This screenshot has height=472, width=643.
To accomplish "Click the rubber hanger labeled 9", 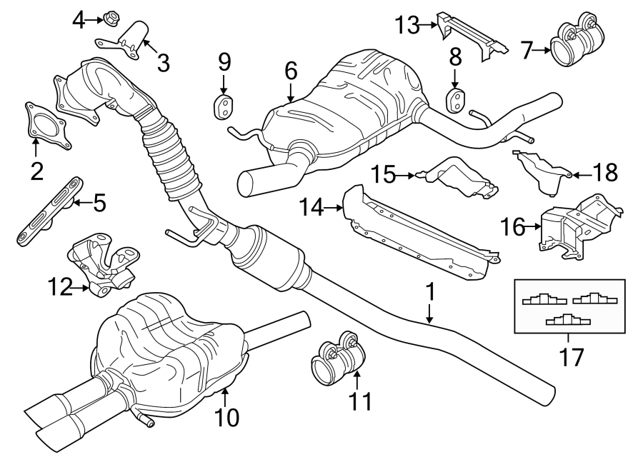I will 224,106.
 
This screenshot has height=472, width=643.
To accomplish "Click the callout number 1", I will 429,291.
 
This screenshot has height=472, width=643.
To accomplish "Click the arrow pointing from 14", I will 334,209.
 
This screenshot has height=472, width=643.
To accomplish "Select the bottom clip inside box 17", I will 568,320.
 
